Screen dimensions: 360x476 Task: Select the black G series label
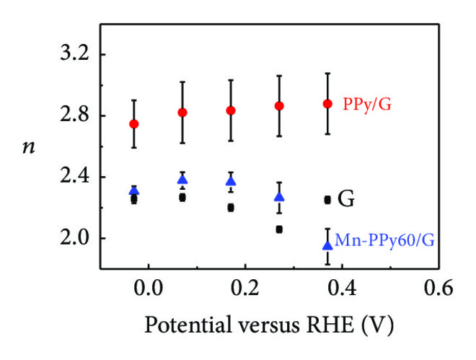(346, 200)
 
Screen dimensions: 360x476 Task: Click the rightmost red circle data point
(327, 104)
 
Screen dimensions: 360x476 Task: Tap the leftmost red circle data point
(133, 124)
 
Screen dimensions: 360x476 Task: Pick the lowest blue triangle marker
(327, 245)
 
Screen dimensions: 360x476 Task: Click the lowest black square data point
(279, 229)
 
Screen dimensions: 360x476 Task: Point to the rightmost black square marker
(327, 200)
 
